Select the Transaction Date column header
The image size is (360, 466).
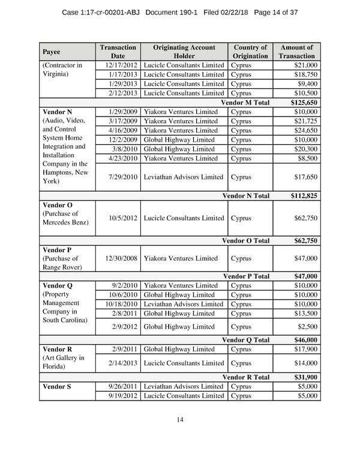118,52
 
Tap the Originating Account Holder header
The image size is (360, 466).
184,52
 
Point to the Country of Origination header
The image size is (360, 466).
250,52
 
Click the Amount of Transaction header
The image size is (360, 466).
296,52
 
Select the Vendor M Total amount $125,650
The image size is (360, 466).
304,103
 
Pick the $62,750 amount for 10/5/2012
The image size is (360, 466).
306,217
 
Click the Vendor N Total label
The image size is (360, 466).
246,196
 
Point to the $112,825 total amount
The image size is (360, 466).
304,196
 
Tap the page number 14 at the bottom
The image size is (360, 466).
180,419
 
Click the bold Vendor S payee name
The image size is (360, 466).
58,386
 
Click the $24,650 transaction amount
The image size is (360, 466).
306,130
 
